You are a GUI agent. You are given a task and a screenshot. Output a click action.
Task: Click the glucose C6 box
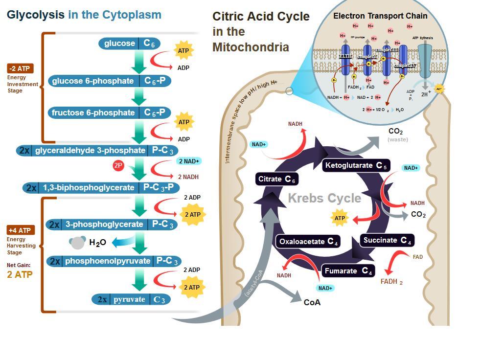click(129, 44)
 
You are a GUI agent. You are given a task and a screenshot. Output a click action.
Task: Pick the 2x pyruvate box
click(131, 299)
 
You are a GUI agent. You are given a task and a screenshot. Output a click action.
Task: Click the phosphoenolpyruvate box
click(114, 261)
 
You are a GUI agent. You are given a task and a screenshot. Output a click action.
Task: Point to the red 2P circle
click(118, 165)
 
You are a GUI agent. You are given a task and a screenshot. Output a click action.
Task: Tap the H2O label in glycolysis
click(97, 242)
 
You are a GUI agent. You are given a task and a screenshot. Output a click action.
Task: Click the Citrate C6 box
click(276, 179)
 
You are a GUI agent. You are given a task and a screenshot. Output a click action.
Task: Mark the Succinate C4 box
click(387, 240)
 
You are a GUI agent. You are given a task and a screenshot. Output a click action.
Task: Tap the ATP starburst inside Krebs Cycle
click(340, 218)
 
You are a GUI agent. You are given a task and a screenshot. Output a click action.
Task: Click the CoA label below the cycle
click(312, 302)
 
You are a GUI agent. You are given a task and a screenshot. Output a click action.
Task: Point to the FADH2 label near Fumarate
click(391, 282)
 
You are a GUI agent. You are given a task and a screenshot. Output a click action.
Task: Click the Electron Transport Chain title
click(380, 16)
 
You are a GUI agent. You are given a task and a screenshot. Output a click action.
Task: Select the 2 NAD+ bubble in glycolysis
click(189, 161)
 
